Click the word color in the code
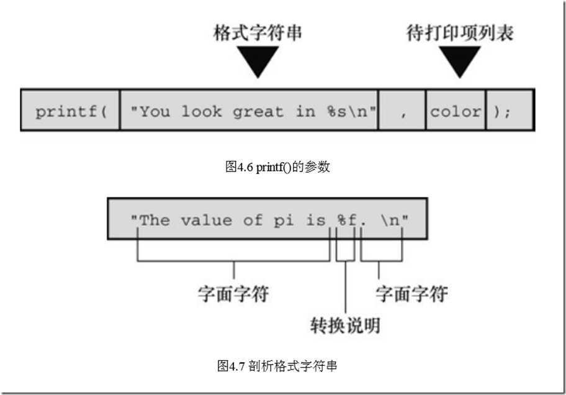coord(456,112)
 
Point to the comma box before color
coord(402,112)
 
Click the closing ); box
coord(509,112)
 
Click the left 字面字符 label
coord(233,294)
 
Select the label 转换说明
coord(345,325)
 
